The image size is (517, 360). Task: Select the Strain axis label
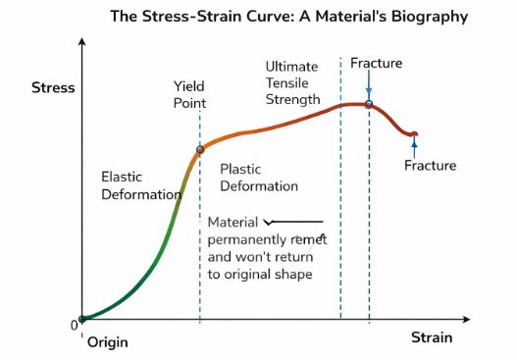432,338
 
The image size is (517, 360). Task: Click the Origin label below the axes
107,343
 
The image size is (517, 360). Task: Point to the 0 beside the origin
74,325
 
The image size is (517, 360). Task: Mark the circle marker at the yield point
200,150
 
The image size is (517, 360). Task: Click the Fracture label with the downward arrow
376,64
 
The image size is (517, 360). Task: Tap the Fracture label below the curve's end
430,166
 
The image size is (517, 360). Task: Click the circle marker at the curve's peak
369,104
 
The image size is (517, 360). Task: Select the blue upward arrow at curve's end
415,145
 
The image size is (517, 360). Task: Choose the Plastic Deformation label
258,177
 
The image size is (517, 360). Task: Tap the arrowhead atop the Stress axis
81,43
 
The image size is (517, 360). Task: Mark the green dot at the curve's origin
82,318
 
